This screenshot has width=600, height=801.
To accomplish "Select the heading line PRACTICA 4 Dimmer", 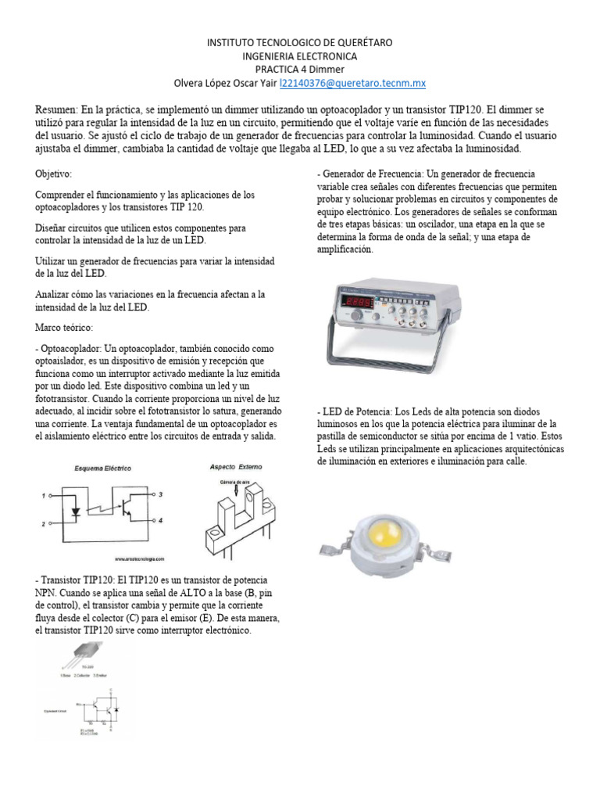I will (300, 70).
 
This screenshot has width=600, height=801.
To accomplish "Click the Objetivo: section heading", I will (54, 173).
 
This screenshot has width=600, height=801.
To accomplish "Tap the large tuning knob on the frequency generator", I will (358, 316).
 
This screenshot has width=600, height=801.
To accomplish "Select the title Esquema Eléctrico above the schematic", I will (102, 468).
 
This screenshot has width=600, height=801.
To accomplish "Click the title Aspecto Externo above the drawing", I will (237, 466).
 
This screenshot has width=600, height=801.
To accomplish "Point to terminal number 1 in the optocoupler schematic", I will (45, 495).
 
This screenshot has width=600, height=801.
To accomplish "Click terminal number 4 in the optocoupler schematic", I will (160, 520).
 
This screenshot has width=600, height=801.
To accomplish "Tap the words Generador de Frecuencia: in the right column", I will (374, 174).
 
